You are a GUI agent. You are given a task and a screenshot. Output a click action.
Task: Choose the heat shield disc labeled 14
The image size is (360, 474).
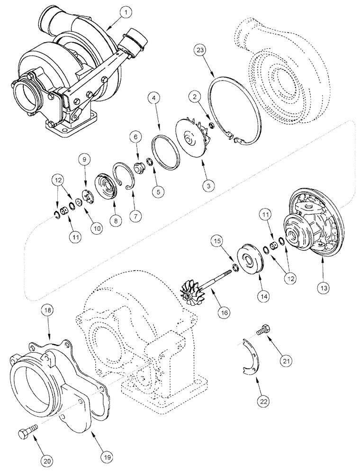[249, 258]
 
